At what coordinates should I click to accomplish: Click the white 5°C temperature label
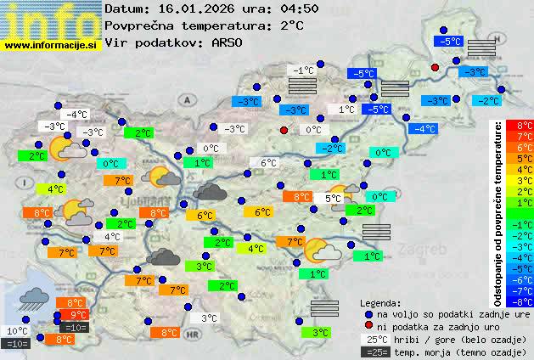coord(334,198)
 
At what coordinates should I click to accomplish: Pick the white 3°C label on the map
coord(210,318)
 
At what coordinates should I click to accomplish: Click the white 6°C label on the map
coord(268,163)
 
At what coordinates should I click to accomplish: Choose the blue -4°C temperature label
coord(423,129)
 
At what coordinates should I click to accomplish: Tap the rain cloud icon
coord(32,298)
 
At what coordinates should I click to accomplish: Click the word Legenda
coord(380,303)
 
